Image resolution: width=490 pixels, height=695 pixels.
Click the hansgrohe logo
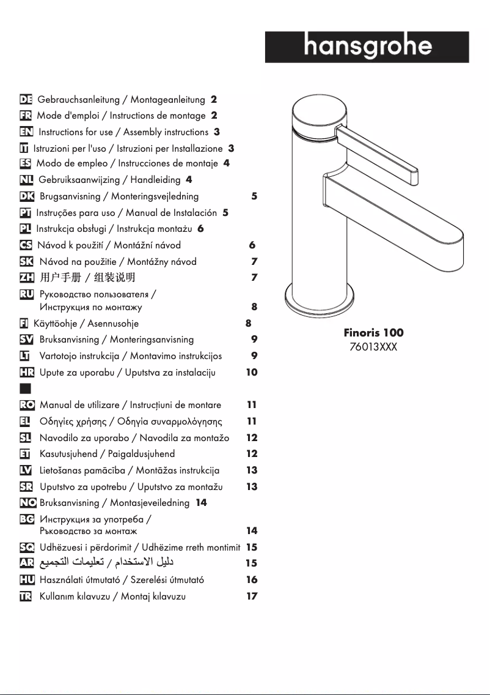coord(367,47)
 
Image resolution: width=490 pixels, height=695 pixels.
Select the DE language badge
coord(26,99)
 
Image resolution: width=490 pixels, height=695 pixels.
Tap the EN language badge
coord(26,132)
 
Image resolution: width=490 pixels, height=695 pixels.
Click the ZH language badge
coord(26,278)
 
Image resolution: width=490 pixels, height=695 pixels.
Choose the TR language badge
coord(26,597)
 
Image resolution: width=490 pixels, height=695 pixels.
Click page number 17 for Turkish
coord(251,597)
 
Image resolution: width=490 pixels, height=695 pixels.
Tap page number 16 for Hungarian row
coord(251,580)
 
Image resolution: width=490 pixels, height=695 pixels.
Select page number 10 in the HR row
coord(251,373)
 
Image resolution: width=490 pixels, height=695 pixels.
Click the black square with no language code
coord(26,388)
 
